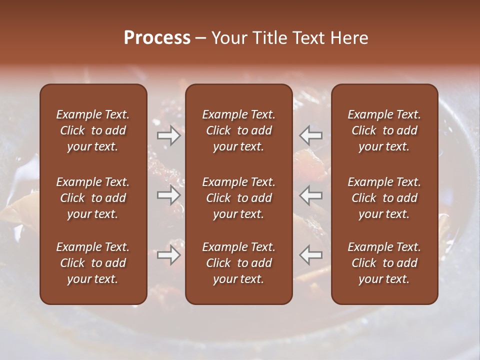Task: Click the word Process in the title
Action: point(157,38)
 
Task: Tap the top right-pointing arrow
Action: point(169,135)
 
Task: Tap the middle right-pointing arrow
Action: point(169,195)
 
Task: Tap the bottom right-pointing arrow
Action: point(169,255)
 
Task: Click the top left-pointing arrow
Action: point(310,135)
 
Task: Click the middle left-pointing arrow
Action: point(310,195)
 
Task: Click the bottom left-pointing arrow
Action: point(310,255)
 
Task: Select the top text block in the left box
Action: point(93,130)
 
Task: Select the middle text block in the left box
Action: point(93,198)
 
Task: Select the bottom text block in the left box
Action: point(93,263)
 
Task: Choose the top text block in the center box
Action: point(239,130)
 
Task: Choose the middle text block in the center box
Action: point(239,198)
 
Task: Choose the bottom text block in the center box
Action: point(239,263)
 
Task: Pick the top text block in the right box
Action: point(384,130)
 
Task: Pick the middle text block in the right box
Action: point(384,198)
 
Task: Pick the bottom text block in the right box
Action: point(384,263)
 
